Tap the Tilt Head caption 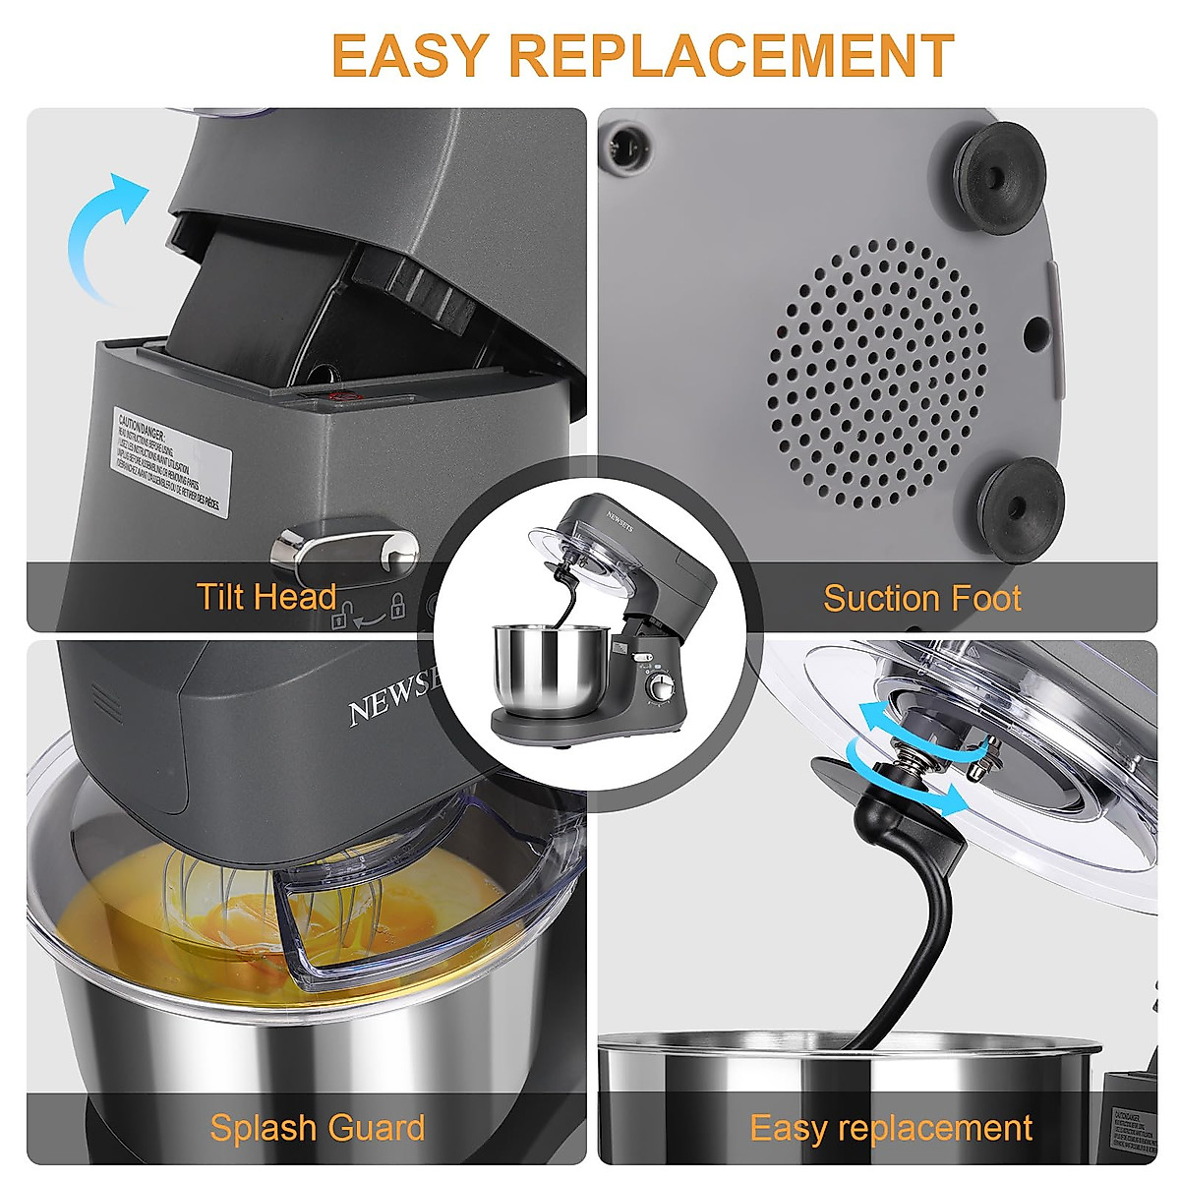click(266, 596)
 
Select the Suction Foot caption click(921, 598)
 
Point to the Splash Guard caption click(317, 1127)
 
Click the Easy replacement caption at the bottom click(891, 1127)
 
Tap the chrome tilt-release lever click(344, 547)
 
